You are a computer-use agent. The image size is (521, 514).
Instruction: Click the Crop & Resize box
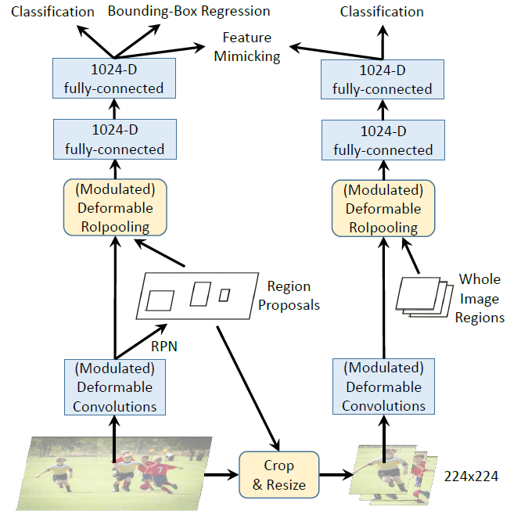tap(279, 474)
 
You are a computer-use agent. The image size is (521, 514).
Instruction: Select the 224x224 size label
tap(472, 475)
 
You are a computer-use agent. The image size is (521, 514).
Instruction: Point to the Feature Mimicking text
tap(247, 47)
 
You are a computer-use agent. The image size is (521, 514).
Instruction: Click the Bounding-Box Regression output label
tap(189, 12)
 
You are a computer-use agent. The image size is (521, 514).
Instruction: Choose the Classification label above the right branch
tap(383, 12)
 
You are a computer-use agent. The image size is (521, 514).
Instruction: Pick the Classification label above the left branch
tap(49, 12)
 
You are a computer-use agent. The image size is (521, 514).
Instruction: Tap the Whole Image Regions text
tap(480, 298)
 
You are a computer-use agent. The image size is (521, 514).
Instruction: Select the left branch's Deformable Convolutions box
tap(115, 386)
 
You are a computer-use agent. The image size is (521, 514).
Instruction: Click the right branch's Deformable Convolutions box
tap(383, 386)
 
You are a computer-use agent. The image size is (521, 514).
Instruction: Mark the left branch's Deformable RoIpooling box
tap(115, 208)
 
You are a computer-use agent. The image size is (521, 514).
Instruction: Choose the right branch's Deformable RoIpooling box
tap(383, 208)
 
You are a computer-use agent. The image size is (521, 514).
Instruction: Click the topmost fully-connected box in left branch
tap(114, 78)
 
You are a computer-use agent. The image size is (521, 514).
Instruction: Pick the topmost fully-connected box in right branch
tap(383, 79)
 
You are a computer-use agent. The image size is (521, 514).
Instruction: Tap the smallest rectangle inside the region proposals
tap(224, 295)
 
